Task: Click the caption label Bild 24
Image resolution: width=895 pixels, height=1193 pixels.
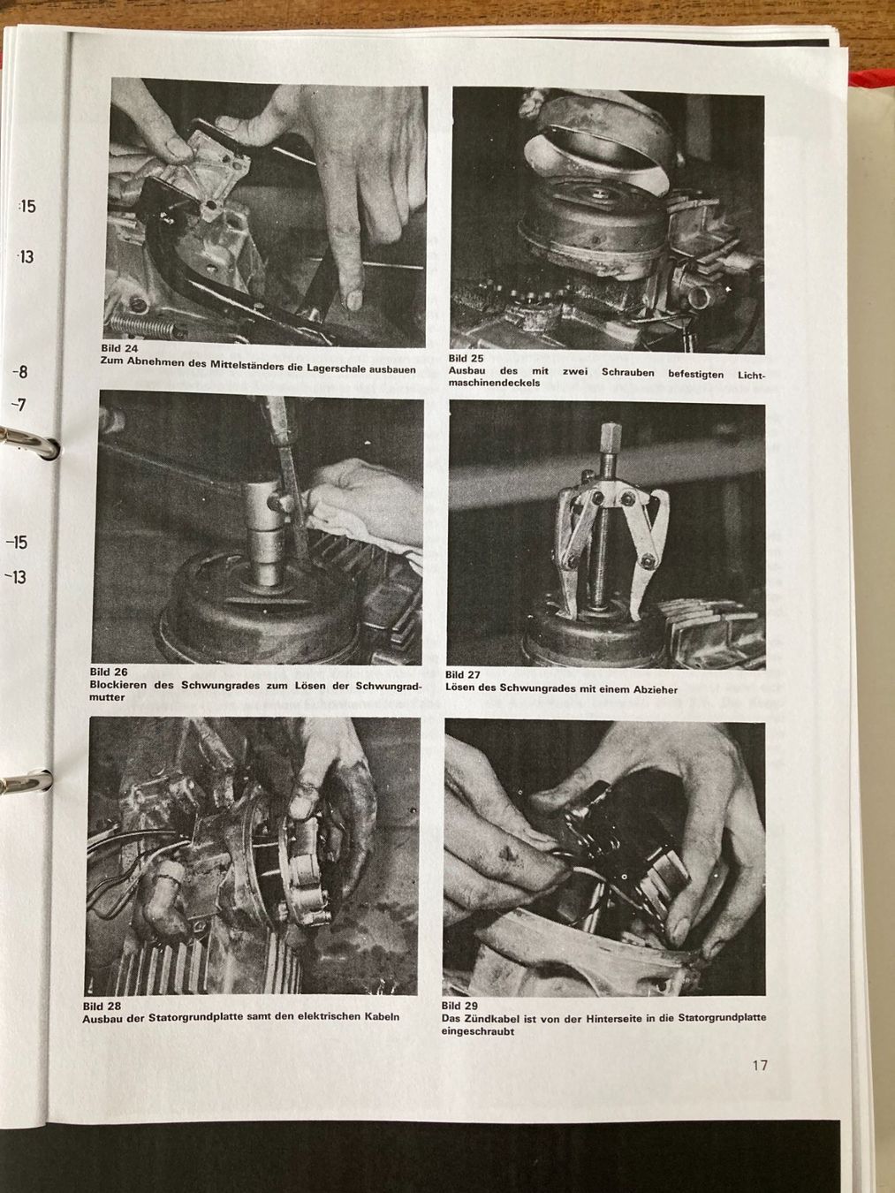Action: [119, 348]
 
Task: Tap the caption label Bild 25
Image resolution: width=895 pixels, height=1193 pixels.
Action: [466, 359]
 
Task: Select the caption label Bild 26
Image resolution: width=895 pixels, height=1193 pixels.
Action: [109, 672]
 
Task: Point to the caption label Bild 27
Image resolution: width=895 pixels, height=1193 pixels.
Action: [463, 675]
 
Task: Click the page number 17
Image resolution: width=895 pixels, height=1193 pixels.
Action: [760, 1066]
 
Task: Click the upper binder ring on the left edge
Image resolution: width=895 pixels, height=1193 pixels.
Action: [30, 441]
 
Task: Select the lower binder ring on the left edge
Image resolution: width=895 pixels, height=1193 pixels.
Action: [27, 781]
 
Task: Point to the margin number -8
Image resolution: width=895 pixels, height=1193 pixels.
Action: [19, 372]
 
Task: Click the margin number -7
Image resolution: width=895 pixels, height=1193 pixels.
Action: [19, 405]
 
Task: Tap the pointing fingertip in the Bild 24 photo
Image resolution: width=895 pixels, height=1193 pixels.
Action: [353, 299]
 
